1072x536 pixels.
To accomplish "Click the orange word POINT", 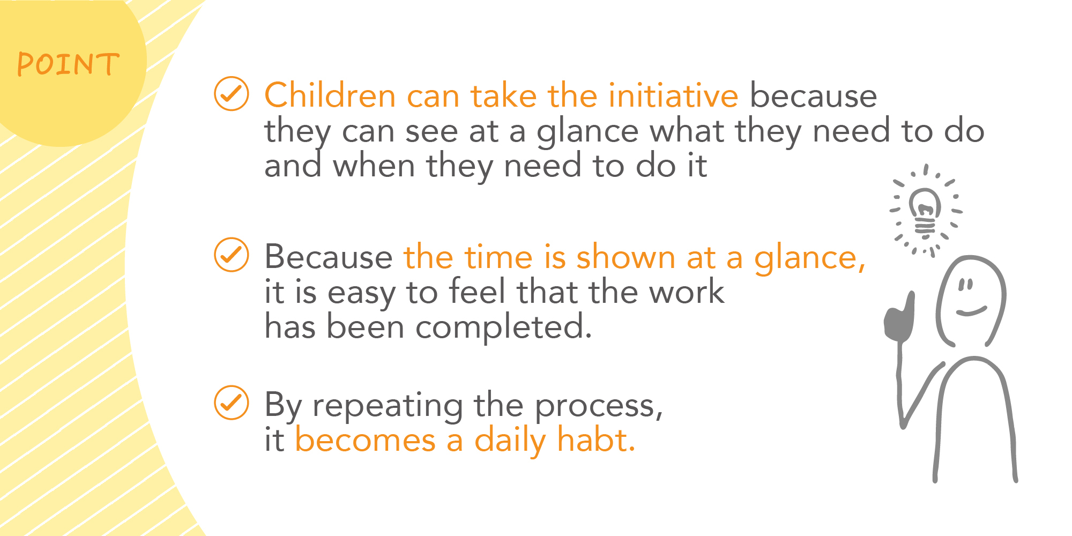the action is click(x=68, y=64).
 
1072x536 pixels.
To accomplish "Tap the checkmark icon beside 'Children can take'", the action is click(x=232, y=94).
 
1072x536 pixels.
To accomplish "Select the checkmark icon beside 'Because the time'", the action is click(x=232, y=255).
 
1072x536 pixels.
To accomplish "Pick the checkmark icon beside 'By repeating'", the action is click(x=232, y=403).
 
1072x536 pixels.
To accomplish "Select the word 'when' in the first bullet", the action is click(x=374, y=166).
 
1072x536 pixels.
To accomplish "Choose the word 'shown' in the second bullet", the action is click(x=626, y=257).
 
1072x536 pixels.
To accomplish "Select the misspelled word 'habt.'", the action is click(x=596, y=440).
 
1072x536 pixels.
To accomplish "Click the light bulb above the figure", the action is click(x=925, y=211).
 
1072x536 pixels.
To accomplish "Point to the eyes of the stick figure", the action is click(x=965, y=284).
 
